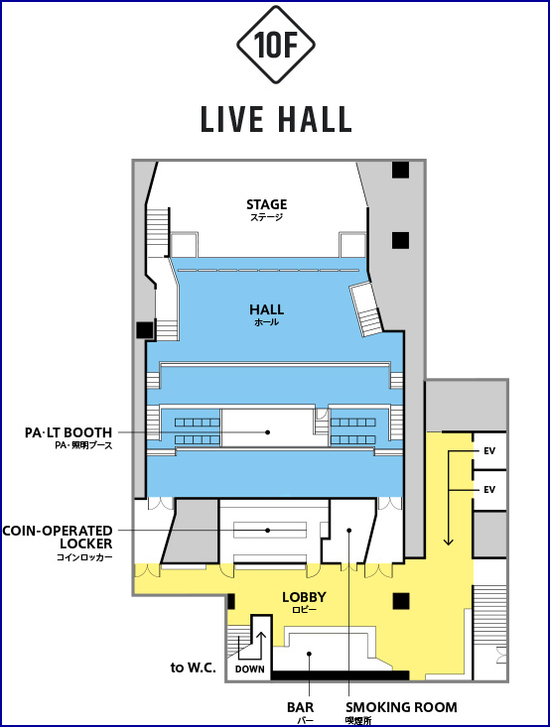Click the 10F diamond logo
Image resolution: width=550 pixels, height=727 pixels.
(276, 45)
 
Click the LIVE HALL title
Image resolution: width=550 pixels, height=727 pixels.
(276, 119)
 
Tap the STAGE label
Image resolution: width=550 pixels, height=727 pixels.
(266, 204)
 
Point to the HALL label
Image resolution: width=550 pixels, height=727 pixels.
(266, 309)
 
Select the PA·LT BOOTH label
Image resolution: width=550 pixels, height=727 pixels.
(69, 432)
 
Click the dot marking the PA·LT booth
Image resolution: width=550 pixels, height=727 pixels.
(267, 432)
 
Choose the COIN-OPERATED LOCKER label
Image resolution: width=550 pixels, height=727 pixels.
(58, 537)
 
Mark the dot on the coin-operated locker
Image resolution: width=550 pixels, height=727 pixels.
(267, 530)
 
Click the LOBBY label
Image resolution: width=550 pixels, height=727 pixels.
(304, 597)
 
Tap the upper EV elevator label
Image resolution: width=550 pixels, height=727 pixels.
(489, 450)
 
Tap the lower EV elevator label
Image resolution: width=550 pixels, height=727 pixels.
(489, 490)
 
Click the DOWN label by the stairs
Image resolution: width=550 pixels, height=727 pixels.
(250, 669)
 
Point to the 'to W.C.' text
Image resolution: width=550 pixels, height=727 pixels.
(193, 667)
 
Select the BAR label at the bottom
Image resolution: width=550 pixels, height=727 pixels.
(300, 707)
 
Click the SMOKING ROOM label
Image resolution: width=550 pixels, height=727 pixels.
(401, 707)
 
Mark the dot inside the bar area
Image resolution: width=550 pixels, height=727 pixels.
(309, 654)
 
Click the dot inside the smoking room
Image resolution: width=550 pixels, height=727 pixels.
(349, 530)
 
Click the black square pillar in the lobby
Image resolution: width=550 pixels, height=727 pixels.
(401, 601)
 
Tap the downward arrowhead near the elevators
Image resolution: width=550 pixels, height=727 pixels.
(449, 541)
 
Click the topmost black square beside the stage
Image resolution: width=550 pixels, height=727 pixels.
(400, 170)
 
